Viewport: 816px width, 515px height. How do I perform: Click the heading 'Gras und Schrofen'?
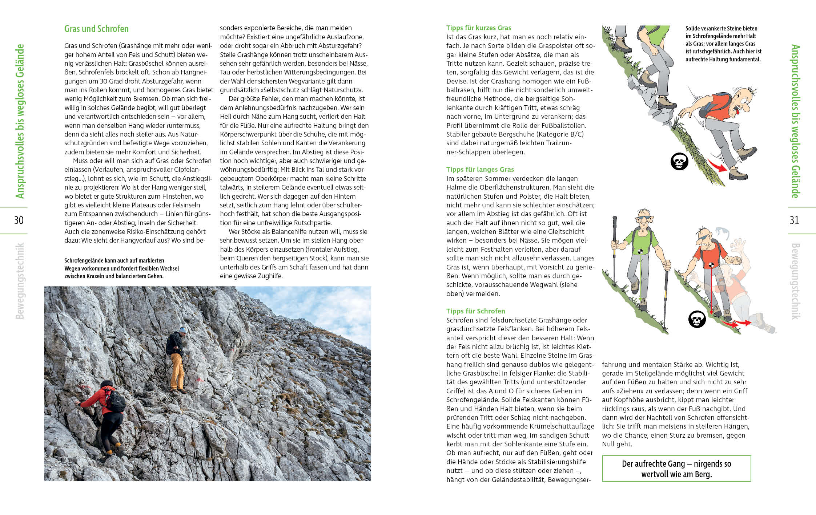point(96,29)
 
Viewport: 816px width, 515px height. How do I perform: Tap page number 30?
point(19,220)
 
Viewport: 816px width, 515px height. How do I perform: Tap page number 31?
point(794,220)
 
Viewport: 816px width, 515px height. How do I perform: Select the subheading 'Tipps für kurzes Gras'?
point(478,28)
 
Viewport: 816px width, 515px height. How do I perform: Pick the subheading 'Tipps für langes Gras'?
point(480,170)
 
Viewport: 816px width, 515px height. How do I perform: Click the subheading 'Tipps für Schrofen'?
point(475,311)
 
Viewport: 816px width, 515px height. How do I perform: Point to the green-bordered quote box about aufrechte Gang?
point(676,469)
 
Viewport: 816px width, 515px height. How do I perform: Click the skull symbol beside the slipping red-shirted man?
point(679,162)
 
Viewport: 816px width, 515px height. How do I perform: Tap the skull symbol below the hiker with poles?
point(697,319)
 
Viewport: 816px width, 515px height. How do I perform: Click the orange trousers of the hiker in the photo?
point(177,370)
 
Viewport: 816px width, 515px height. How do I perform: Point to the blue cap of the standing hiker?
point(182,330)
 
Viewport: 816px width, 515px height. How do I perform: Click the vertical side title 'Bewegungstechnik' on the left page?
point(20,281)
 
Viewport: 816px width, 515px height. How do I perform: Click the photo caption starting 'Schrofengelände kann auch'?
point(121,268)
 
